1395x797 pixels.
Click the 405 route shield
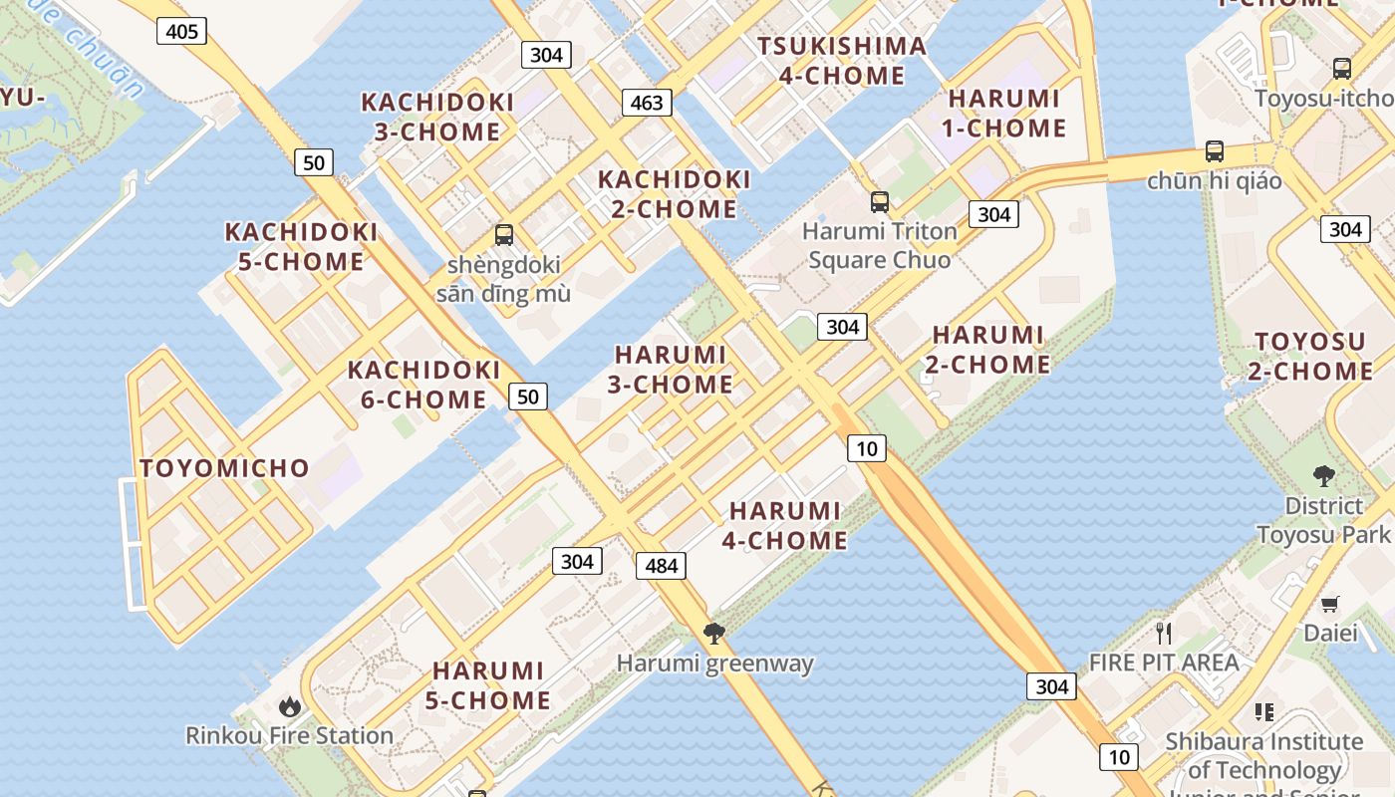181,32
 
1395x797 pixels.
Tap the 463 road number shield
647,103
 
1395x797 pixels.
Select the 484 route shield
661,567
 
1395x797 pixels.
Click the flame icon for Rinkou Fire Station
290,706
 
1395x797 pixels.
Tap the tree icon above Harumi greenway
713,633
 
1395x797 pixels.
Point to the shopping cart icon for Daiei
1330,604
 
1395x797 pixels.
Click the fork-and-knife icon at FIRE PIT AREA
1163,633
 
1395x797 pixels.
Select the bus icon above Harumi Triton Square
880,202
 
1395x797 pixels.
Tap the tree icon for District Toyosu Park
1323,476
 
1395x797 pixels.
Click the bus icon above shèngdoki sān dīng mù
504,236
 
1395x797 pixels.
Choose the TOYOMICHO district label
225,468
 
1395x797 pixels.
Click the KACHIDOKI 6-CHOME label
423,385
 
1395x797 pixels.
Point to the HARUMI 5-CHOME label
488,685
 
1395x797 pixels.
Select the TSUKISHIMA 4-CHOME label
842,61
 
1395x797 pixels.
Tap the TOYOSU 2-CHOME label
1310,357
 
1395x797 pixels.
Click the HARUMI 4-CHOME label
788,526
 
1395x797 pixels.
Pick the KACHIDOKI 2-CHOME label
674,194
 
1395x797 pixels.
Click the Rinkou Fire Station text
289,736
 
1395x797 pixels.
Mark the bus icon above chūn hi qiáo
1214,151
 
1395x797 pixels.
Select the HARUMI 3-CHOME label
672,370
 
